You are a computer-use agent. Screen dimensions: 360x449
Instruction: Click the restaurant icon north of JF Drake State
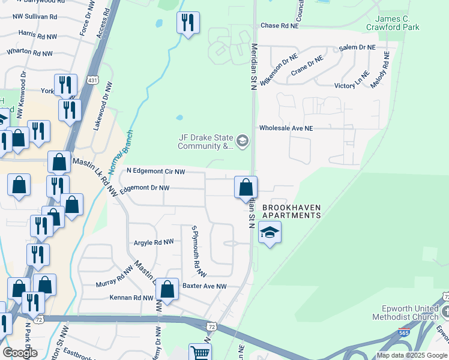coord(188,23)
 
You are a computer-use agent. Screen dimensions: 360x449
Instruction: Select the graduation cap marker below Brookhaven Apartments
coord(270,232)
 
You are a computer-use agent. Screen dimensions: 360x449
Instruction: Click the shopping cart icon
coord(200,353)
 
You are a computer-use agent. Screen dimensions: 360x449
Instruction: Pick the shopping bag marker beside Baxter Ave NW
coord(167,289)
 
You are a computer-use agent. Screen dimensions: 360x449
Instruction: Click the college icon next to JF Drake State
coord(243,142)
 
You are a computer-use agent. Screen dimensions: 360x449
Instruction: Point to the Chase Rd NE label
coord(280,26)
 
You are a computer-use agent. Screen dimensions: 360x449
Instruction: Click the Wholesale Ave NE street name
coord(286,128)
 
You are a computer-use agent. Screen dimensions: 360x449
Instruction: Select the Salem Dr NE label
coord(357,47)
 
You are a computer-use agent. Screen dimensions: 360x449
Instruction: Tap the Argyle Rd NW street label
coord(154,242)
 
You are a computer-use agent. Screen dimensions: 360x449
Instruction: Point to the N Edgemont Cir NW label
coord(155,172)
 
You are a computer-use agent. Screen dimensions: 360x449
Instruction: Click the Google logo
coord(20,352)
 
